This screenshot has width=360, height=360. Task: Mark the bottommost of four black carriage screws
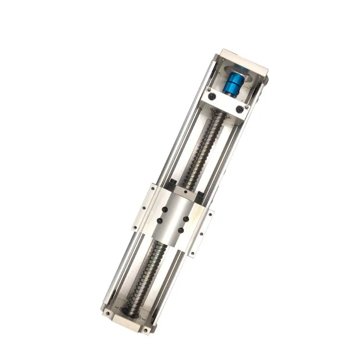(x=180, y=231)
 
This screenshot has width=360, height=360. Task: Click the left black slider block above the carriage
(x=172, y=183)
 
